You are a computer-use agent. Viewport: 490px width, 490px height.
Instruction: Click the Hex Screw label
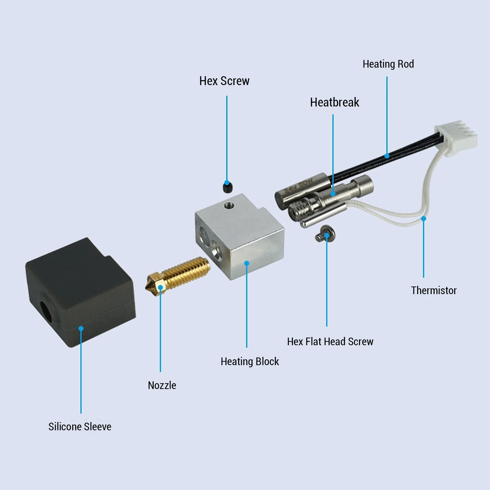[224, 81]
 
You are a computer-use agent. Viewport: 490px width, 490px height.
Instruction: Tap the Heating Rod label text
[388, 64]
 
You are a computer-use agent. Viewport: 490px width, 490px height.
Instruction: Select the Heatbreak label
[334, 102]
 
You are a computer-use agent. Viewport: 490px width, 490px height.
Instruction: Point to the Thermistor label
[433, 290]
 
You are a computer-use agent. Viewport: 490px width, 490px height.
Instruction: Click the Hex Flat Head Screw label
[330, 342]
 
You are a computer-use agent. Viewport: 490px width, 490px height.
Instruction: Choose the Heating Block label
[249, 361]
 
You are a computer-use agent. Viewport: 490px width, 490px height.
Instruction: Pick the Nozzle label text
[162, 385]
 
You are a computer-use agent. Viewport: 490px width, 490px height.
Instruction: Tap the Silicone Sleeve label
[80, 427]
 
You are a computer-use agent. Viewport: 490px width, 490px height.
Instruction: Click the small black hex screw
[226, 187]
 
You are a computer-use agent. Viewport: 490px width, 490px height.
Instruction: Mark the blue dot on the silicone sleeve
[81, 328]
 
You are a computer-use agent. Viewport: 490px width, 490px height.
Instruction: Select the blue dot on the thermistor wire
[424, 219]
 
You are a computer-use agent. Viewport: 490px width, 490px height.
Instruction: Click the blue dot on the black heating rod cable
[387, 156]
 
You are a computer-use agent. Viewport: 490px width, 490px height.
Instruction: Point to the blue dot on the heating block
[247, 263]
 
